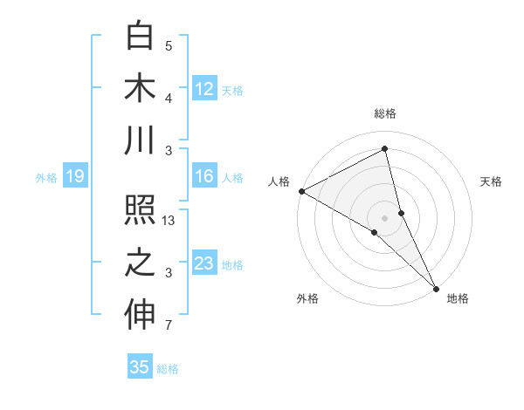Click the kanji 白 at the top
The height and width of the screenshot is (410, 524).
point(140,38)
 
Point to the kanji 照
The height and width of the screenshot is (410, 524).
point(140,212)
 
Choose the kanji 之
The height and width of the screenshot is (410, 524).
point(140,263)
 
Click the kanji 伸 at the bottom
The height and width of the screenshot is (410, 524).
point(140,315)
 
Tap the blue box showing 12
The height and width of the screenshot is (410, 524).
point(204,89)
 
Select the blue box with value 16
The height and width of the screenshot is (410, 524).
point(204,176)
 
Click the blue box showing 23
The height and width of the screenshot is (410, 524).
point(204,263)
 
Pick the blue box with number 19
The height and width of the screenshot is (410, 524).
point(75,177)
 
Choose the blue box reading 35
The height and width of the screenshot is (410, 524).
point(140,367)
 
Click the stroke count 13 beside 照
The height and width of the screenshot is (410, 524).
point(169,222)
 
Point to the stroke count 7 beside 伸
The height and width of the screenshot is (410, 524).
point(169,326)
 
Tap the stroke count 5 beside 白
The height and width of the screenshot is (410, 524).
point(169,46)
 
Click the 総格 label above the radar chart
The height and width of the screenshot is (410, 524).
point(385,113)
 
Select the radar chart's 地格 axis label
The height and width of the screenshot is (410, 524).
point(458,298)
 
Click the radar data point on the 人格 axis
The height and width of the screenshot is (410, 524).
point(301,190)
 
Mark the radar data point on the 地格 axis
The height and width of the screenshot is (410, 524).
point(435,287)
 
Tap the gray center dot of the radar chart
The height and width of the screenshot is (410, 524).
point(385,217)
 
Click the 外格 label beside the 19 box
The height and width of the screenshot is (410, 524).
point(46,178)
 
